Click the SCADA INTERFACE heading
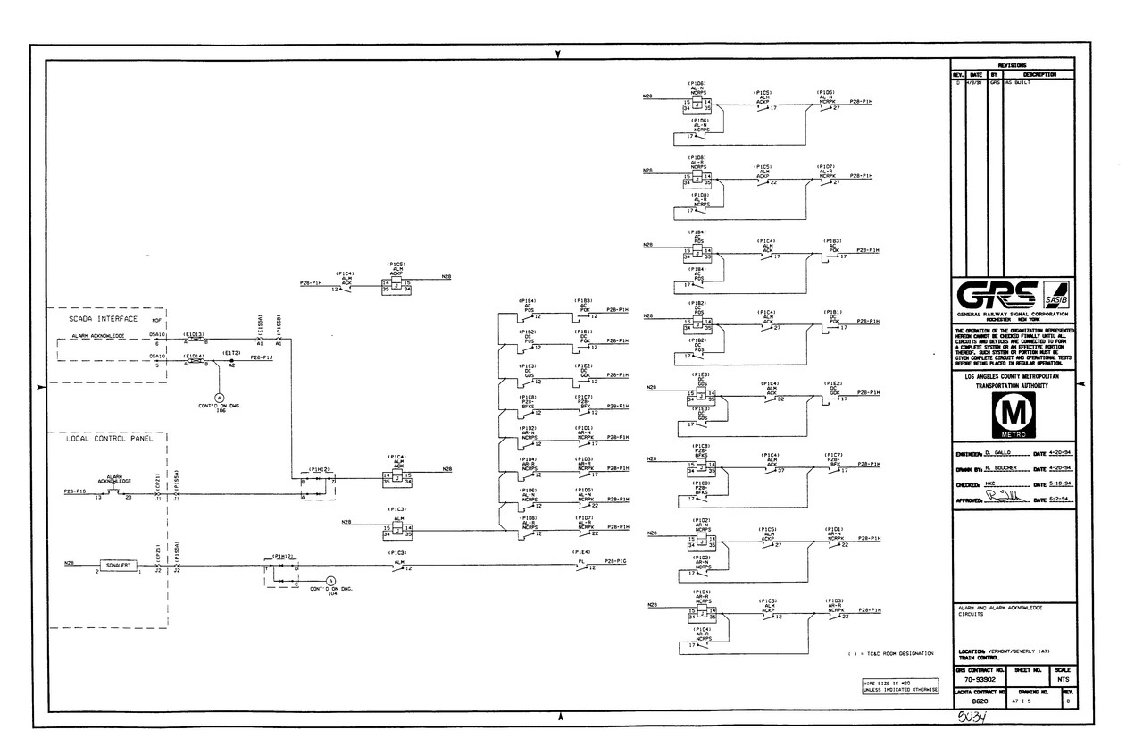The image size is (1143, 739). click(x=104, y=318)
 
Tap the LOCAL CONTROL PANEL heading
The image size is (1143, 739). click(x=110, y=439)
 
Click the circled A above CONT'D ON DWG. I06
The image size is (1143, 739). click(x=219, y=397)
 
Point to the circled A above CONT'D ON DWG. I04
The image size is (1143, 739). click(x=329, y=581)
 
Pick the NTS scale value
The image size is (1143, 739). click(x=1063, y=681)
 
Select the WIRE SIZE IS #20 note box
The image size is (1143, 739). click(x=899, y=686)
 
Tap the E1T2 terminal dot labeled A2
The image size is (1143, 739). click(x=231, y=360)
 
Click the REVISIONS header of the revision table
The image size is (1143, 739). click(x=1013, y=64)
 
